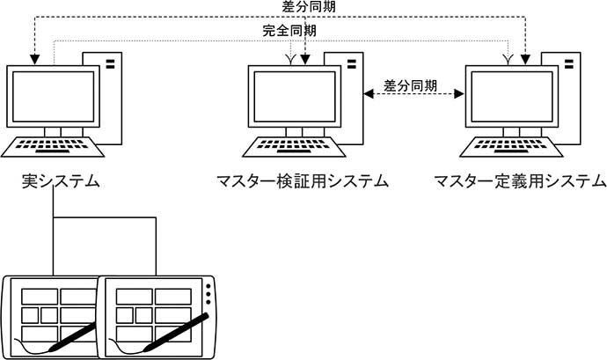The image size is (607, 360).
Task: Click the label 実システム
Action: click(61, 181)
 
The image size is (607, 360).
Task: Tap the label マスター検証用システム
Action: click(303, 181)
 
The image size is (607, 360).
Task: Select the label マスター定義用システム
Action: click(520, 181)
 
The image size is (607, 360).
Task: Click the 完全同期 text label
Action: click(289, 31)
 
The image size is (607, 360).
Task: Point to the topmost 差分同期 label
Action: click(309, 6)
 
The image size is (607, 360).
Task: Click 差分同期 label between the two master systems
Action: click(410, 85)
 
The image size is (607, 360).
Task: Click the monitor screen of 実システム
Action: click(54, 97)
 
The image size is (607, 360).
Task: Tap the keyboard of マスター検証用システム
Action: click(294, 146)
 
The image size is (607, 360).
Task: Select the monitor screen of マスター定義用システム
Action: click(512, 97)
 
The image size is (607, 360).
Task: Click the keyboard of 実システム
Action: click(53, 146)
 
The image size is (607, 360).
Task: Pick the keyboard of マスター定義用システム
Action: click(511, 146)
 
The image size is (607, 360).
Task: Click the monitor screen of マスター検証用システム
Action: click(295, 97)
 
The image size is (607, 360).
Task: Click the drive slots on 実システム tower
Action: click(110, 64)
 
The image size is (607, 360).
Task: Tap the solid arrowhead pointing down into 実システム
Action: click(35, 60)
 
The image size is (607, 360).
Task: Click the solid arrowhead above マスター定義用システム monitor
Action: click(525, 60)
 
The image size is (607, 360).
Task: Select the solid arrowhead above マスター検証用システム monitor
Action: click(305, 60)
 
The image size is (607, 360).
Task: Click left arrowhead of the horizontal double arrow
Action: click(369, 94)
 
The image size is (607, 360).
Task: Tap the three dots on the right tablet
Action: click(208, 294)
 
